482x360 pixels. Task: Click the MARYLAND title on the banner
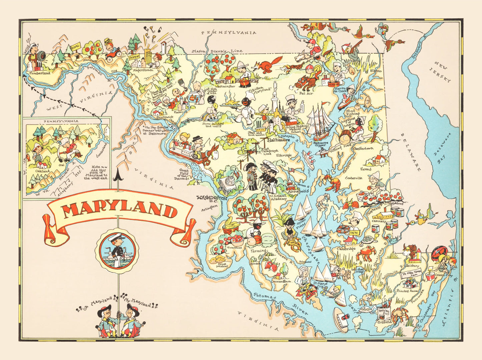(119, 211)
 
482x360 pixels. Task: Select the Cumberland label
(39, 73)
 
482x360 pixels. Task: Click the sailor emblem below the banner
(117, 251)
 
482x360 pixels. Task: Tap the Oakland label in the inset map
(42, 171)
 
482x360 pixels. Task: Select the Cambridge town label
(346, 249)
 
